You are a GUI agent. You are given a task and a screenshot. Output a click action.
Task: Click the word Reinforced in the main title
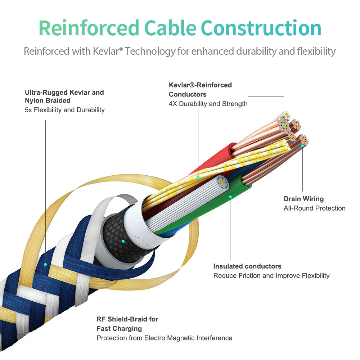click(x=89, y=28)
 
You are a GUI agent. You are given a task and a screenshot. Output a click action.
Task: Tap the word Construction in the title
click(x=261, y=28)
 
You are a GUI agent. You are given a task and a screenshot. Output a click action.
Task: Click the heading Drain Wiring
click(x=303, y=199)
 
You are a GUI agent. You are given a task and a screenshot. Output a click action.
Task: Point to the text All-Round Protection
click(x=314, y=208)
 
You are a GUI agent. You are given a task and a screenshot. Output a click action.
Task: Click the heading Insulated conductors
click(x=247, y=266)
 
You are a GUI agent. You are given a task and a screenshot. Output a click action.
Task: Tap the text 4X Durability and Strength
click(x=208, y=104)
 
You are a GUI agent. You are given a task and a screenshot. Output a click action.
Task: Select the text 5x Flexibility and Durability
click(x=65, y=110)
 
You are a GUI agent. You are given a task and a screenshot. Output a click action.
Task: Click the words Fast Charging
click(x=119, y=328)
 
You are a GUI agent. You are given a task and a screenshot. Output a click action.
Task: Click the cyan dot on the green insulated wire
click(x=230, y=197)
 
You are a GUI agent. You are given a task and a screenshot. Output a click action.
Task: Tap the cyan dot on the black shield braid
click(x=123, y=241)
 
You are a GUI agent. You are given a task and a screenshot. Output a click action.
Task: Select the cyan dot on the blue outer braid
click(x=46, y=265)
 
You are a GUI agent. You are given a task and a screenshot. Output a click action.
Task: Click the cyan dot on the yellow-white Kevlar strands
click(x=198, y=176)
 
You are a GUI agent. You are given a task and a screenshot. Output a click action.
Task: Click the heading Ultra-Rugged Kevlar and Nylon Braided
click(x=64, y=96)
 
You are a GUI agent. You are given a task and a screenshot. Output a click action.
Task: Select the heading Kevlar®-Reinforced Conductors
click(x=200, y=90)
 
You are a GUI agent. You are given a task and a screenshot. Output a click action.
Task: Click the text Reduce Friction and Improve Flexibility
click(x=271, y=275)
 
